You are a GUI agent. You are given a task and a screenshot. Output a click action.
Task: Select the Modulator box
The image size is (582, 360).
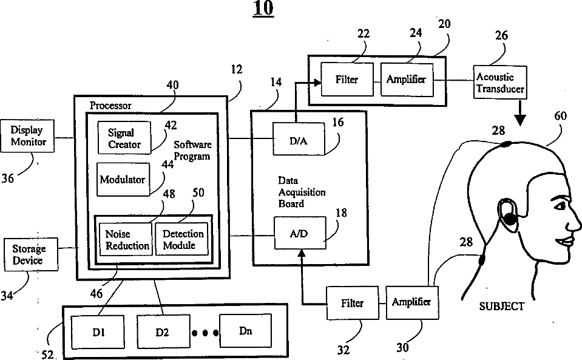tap(123, 180)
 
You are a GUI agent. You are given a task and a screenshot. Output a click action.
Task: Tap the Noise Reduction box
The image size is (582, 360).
tap(125, 239)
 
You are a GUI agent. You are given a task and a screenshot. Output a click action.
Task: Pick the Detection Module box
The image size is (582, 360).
tap(183, 239)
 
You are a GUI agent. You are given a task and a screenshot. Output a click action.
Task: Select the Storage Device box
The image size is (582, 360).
tap(28, 256)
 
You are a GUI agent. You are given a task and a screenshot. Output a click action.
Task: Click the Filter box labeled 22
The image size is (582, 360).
tap(347, 80)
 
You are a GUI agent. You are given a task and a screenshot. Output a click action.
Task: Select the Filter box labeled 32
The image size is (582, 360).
tap(353, 302)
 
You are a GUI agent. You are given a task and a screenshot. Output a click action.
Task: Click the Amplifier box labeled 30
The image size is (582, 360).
tap(411, 302)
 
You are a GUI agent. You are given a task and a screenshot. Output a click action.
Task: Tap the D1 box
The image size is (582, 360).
tap(100, 333)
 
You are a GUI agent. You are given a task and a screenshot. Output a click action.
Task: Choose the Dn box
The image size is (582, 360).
tap(246, 331)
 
